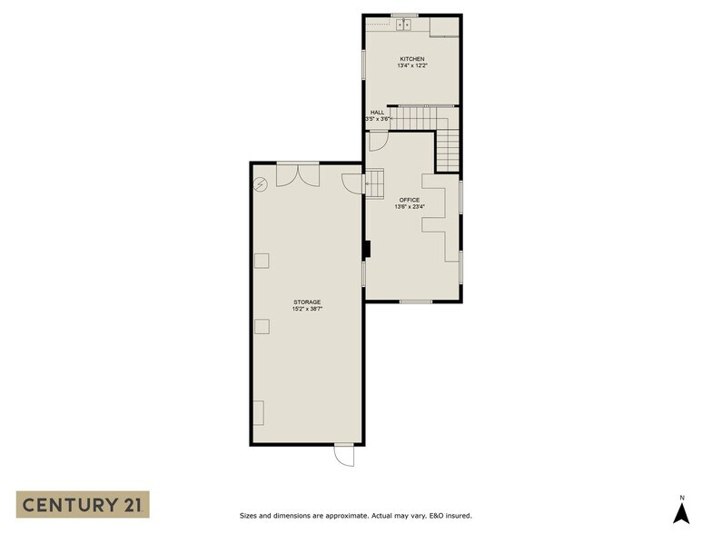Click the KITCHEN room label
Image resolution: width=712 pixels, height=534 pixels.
coord(411,59)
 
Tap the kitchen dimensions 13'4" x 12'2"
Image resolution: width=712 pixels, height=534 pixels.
coord(411,66)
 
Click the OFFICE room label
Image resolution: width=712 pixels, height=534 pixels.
coord(410,199)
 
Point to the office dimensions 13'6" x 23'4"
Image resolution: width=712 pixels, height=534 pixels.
coord(410,207)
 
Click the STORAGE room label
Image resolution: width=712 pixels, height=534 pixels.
coord(306,302)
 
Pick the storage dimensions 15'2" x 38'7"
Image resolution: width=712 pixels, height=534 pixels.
coord(306,310)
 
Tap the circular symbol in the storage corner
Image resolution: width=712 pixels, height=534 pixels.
coord(261,184)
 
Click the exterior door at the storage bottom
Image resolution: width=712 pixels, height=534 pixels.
coord(344,453)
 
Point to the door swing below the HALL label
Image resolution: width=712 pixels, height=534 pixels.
coord(380,141)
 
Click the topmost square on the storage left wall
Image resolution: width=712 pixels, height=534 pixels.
coord(262,261)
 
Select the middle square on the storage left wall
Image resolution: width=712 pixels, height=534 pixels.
coord(262,327)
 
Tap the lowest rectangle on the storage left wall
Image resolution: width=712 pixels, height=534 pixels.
coord(259,412)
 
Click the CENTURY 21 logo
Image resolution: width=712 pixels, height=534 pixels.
coord(83,505)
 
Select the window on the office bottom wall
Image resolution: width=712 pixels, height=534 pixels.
coord(415,301)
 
